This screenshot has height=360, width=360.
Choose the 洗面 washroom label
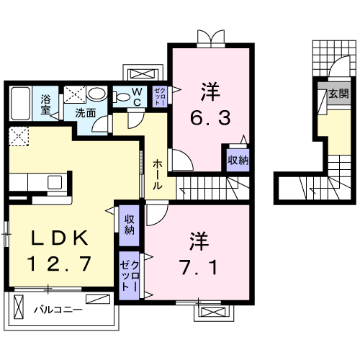(x=86, y=113)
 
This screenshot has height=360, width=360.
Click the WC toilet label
(x=136, y=96)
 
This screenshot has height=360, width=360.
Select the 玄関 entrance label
(x=337, y=93)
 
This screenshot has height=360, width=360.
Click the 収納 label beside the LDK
(x=129, y=225)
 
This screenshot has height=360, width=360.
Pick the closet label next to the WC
(x=159, y=96)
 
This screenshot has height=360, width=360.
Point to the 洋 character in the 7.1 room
(x=198, y=238)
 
